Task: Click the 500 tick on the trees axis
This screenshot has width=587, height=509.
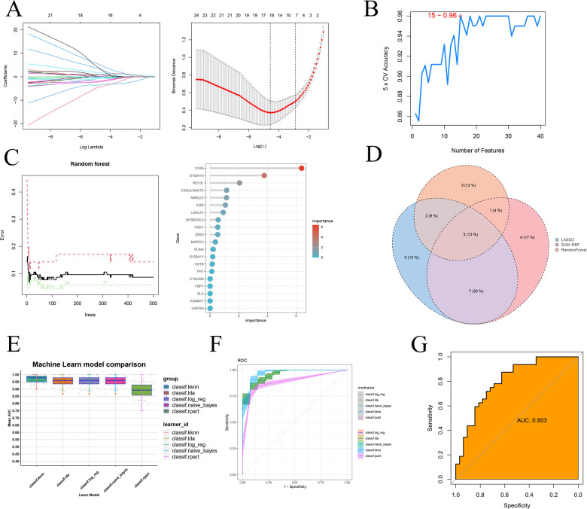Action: [152, 307]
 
